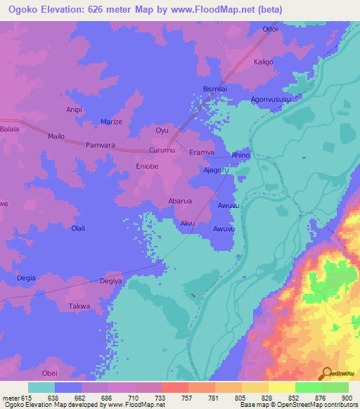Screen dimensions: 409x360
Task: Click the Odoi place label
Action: (270, 29)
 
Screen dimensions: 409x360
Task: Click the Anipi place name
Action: (75, 110)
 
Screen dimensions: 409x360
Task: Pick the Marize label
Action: (111, 122)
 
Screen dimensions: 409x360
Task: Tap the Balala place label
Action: (10, 129)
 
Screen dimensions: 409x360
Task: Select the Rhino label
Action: (240, 155)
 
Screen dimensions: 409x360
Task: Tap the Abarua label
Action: (180, 201)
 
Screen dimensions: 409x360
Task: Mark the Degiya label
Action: (111, 281)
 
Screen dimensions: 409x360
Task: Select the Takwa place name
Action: (79, 307)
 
